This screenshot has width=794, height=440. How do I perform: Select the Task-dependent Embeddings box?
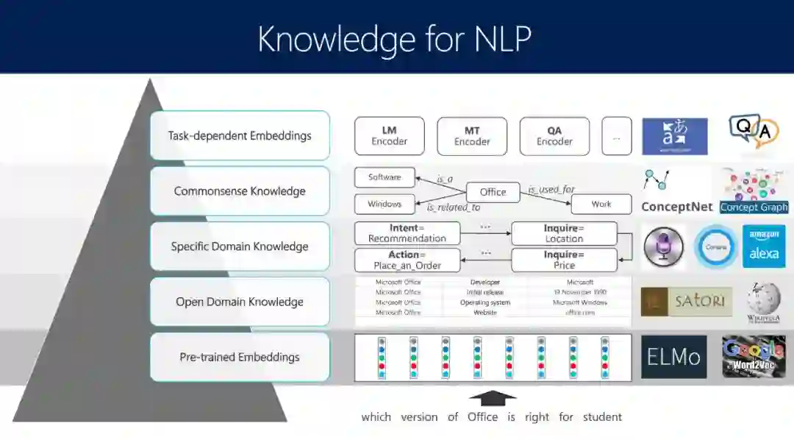(x=240, y=135)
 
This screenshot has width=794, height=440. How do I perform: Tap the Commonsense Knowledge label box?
(x=240, y=191)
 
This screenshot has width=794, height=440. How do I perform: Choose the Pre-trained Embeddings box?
(x=240, y=358)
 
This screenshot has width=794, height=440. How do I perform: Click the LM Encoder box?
(x=389, y=136)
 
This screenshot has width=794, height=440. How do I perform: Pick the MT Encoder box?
(x=472, y=136)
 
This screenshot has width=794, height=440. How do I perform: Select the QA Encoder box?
(x=554, y=136)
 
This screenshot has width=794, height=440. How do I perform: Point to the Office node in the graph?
(x=493, y=192)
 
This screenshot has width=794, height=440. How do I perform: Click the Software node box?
(x=385, y=177)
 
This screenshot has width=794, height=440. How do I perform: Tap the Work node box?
(x=601, y=204)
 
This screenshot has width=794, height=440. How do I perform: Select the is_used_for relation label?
(x=551, y=190)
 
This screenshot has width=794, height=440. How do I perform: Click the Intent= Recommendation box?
(x=407, y=233)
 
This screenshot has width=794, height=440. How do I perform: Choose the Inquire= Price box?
(x=564, y=260)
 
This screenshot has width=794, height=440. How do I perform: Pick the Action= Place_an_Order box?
(x=407, y=260)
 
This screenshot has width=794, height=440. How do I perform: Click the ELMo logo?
(x=673, y=357)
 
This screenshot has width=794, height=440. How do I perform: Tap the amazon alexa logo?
(x=764, y=246)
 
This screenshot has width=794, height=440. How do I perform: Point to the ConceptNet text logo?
(x=677, y=207)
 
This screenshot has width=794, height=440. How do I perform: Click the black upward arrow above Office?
(x=493, y=399)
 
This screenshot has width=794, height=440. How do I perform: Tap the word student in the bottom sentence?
(x=602, y=417)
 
